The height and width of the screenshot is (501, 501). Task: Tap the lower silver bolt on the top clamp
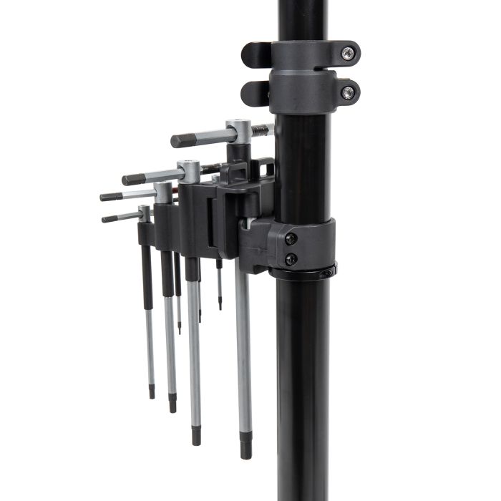coord(347,92)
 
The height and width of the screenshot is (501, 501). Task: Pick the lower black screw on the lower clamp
coord(291,259)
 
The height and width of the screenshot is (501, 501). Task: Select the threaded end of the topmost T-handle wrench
coord(263,130)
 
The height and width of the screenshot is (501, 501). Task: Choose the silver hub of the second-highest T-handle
coord(189,170)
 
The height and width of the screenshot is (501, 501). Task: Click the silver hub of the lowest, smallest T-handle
coord(145,213)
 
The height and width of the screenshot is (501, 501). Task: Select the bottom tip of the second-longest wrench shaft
coord(196,438)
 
